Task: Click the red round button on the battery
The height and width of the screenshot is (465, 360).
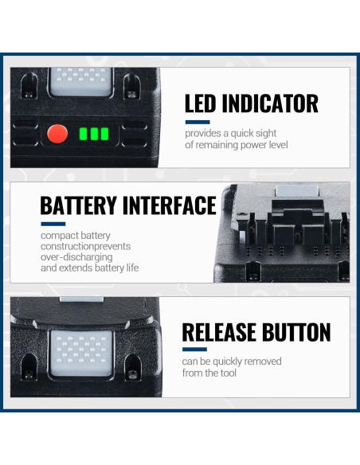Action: [56, 133]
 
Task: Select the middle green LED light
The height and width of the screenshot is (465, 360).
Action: [94, 134]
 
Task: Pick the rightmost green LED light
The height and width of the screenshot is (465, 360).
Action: [104, 134]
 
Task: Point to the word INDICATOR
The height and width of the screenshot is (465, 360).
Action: [272, 104]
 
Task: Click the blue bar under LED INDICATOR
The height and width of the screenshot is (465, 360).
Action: [197, 123]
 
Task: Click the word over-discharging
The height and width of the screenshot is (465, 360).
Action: [77, 257]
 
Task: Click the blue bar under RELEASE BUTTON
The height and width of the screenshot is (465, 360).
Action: [194, 350]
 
